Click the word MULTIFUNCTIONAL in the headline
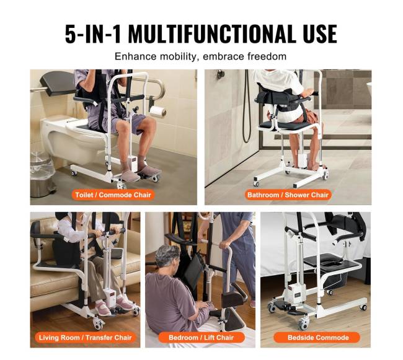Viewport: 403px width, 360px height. coord(212,33)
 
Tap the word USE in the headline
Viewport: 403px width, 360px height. coord(320,33)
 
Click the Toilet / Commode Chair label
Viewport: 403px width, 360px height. coord(113,195)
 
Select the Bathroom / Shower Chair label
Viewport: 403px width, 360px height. coord(288,195)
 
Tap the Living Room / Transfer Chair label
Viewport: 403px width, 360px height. coord(86,338)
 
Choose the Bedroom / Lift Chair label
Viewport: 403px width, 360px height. coord(201,338)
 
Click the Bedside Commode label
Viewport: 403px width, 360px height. coord(318,338)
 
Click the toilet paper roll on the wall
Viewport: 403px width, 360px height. coord(158,111)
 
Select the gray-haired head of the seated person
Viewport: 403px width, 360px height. coord(167,257)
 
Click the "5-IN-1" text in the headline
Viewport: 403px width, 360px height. coord(93,33)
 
